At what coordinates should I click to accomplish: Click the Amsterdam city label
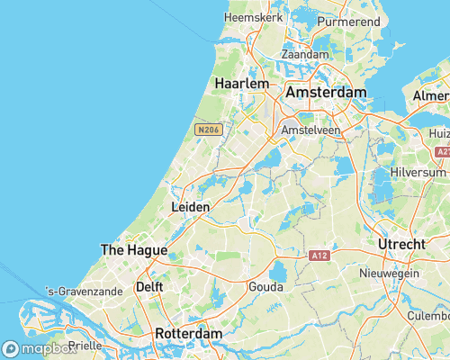(326, 93)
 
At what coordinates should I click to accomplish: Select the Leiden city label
(190, 207)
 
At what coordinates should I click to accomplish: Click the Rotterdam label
(188, 333)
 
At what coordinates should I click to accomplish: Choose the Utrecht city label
(402, 245)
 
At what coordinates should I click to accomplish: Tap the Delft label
(148, 287)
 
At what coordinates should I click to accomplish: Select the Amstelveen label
(310, 130)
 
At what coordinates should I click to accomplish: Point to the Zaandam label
(305, 54)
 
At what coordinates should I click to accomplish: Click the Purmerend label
(349, 19)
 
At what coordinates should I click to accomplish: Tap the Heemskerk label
(254, 17)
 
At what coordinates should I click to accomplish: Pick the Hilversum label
(418, 172)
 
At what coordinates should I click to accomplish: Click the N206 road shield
(208, 130)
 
